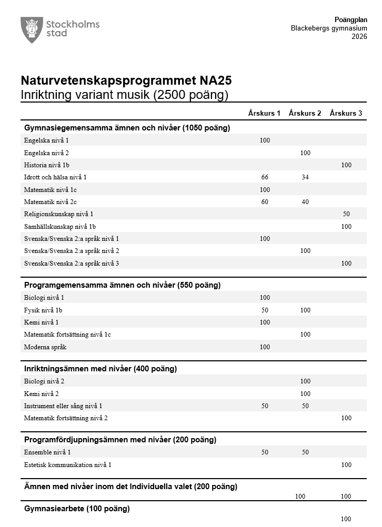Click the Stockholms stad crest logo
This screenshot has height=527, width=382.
(x=32, y=29)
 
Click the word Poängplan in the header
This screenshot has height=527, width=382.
(x=347, y=19)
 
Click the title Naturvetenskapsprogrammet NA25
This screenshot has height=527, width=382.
(x=126, y=81)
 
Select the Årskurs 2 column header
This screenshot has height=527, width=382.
(x=305, y=113)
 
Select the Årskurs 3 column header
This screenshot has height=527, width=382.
(x=346, y=113)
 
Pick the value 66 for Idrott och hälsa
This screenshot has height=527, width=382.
(x=265, y=177)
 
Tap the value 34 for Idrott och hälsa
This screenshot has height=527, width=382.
(x=305, y=177)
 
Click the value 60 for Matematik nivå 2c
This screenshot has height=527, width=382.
(x=265, y=202)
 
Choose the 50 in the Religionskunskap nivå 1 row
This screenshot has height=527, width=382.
(x=346, y=214)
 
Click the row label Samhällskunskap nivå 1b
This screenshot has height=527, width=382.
(x=60, y=227)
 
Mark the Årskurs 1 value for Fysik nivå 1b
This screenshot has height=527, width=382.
(x=265, y=310)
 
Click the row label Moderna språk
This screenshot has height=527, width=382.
(x=45, y=347)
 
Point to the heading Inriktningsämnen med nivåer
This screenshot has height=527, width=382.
(x=100, y=369)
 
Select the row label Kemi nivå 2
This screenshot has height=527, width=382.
(x=42, y=393)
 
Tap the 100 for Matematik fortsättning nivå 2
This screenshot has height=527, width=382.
(x=346, y=418)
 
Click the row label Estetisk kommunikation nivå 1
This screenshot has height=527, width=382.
(x=68, y=465)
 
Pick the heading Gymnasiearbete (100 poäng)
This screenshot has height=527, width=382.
(x=77, y=509)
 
